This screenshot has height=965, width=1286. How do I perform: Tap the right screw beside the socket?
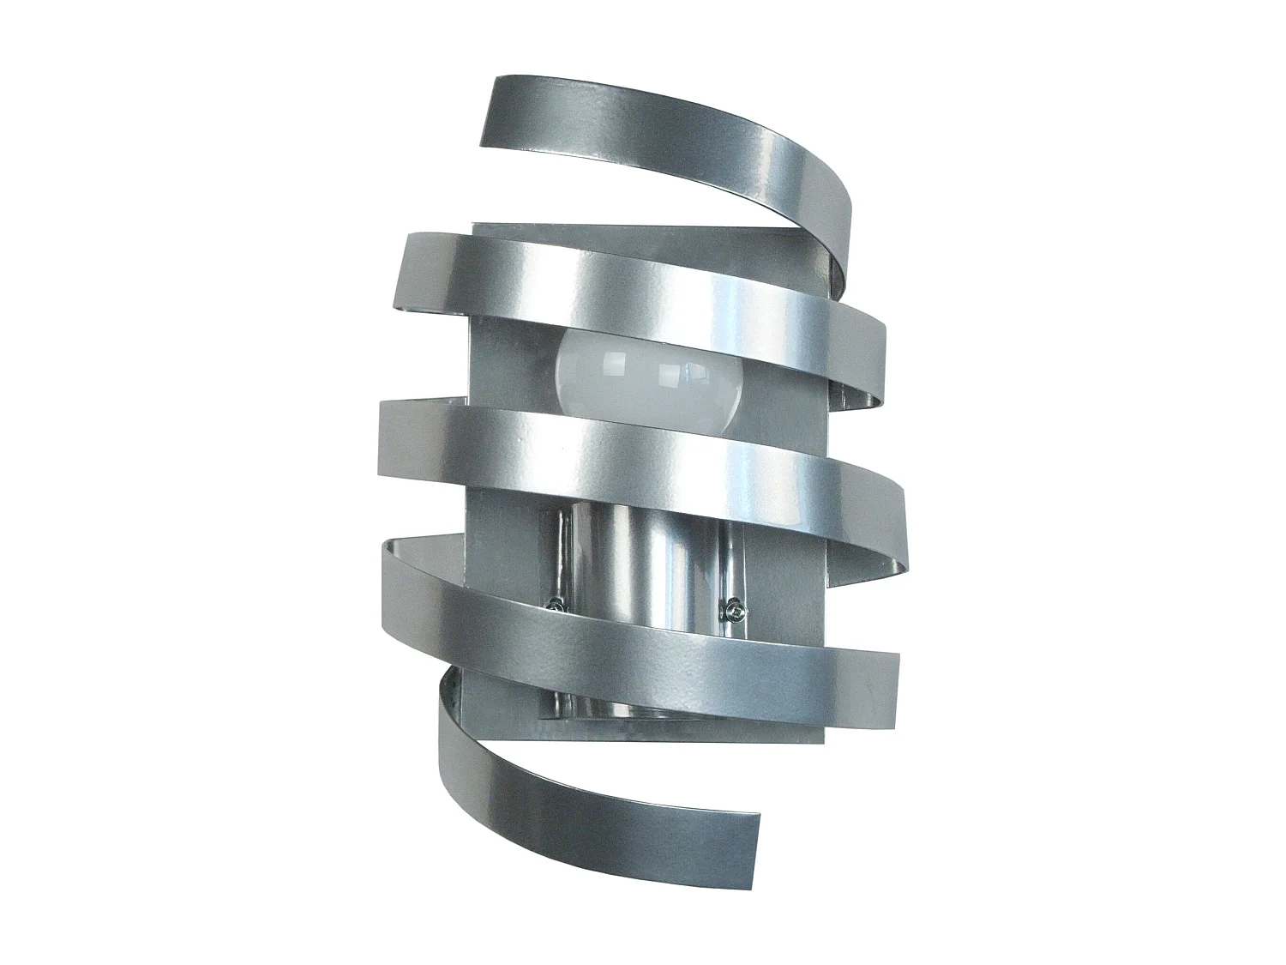click(x=733, y=612)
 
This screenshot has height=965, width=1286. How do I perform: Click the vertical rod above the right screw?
click(x=730, y=558)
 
